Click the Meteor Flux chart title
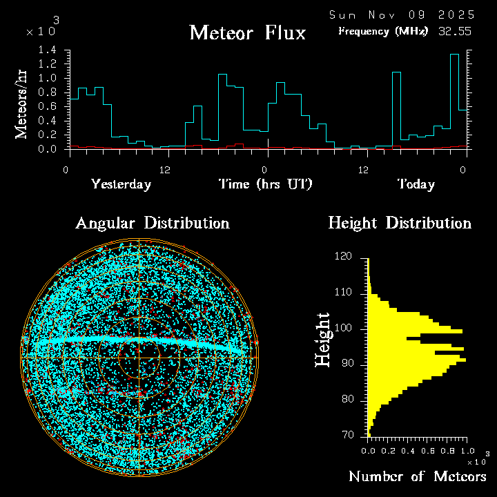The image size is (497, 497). tap(247, 32)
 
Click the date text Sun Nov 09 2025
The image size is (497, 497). tap(401, 14)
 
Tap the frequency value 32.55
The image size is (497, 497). tap(456, 31)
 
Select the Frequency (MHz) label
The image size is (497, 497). tap(383, 31)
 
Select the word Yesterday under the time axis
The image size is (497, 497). tap(121, 184)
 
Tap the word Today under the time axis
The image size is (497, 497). tap(416, 184)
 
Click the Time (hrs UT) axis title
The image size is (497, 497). tap(265, 184)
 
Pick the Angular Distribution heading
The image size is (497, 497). tap(152, 224)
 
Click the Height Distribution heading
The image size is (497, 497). tap(400, 224)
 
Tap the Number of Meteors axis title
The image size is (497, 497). tap(417, 477)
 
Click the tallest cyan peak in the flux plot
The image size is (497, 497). tap(454, 55)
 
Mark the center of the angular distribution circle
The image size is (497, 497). tap(139, 358)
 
